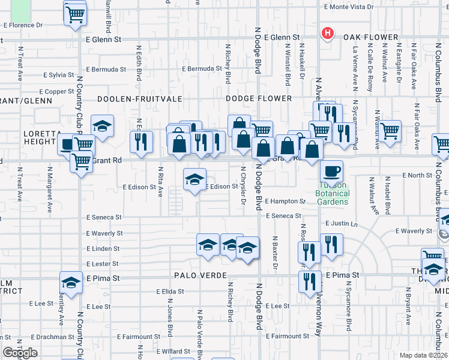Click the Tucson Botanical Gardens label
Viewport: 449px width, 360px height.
pos(332,197)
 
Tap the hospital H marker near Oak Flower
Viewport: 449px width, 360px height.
pos(328,33)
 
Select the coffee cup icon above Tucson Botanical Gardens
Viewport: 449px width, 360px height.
pos(331,172)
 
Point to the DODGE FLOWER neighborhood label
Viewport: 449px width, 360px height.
pos(259,98)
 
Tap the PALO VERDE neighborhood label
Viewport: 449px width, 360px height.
pos(200,275)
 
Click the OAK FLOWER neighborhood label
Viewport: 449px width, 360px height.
pos(371,37)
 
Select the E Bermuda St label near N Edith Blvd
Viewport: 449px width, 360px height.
pos(106,69)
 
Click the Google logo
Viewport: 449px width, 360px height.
pos(20,353)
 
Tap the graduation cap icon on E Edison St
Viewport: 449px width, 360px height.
pos(194,179)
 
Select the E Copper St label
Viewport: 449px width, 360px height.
pos(59,91)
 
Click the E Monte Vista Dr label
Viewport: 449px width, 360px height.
pos(348,7)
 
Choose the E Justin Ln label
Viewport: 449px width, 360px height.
pos(342,223)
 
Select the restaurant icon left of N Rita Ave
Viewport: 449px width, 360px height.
pos(142,142)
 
